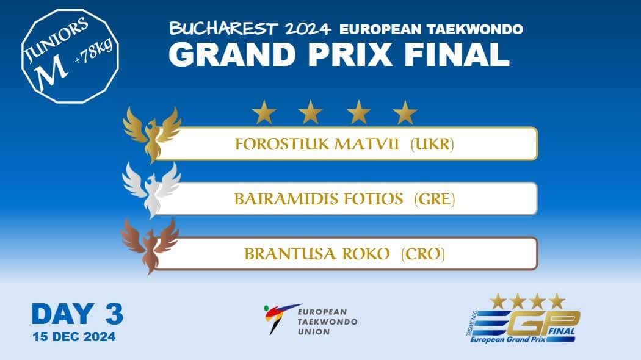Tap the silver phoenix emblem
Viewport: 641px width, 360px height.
click(151, 187)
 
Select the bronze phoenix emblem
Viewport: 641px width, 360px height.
click(150, 244)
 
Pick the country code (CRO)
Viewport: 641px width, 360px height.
click(422, 254)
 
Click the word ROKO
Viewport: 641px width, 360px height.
click(366, 254)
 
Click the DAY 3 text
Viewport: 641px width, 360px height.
click(77, 314)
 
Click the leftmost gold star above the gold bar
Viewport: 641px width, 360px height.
click(264, 113)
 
